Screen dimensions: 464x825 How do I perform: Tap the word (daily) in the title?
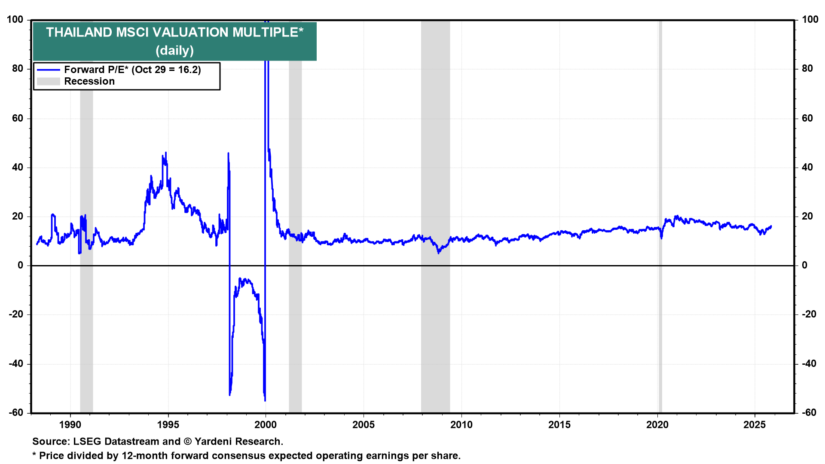pyautogui.click(x=174, y=51)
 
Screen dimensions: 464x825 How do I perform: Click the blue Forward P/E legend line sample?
pyautogui.click(x=48, y=70)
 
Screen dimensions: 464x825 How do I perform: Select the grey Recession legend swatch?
pyautogui.click(x=48, y=82)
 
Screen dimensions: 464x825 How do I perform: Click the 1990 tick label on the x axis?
pyautogui.click(x=70, y=425)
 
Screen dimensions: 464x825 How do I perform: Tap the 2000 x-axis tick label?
pyautogui.click(x=266, y=425)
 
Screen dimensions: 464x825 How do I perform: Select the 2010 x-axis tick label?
pyautogui.click(x=461, y=425)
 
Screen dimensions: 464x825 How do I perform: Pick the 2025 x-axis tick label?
pyautogui.click(x=755, y=425)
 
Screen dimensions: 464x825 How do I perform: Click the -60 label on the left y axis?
pyautogui.click(x=17, y=413)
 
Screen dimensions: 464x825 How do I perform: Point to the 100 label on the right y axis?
pyautogui.click(x=810, y=20)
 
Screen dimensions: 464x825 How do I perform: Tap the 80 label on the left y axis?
pyautogui.click(x=18, y=69)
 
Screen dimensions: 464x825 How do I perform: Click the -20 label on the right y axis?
pyautogui.click(x=809, y=314)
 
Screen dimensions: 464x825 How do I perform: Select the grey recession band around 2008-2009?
pyautogui.click(x=435, y=215)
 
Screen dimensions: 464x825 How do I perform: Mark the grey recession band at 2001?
pyautogui.click(x=295, y=215)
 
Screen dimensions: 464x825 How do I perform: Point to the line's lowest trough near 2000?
pyautogui.click(x=265, y=400)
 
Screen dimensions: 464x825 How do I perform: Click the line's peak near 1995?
pyautogui.click(x=166, y=153)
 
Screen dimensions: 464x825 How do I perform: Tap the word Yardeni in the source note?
pyautogui.click(x=214, y=442)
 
